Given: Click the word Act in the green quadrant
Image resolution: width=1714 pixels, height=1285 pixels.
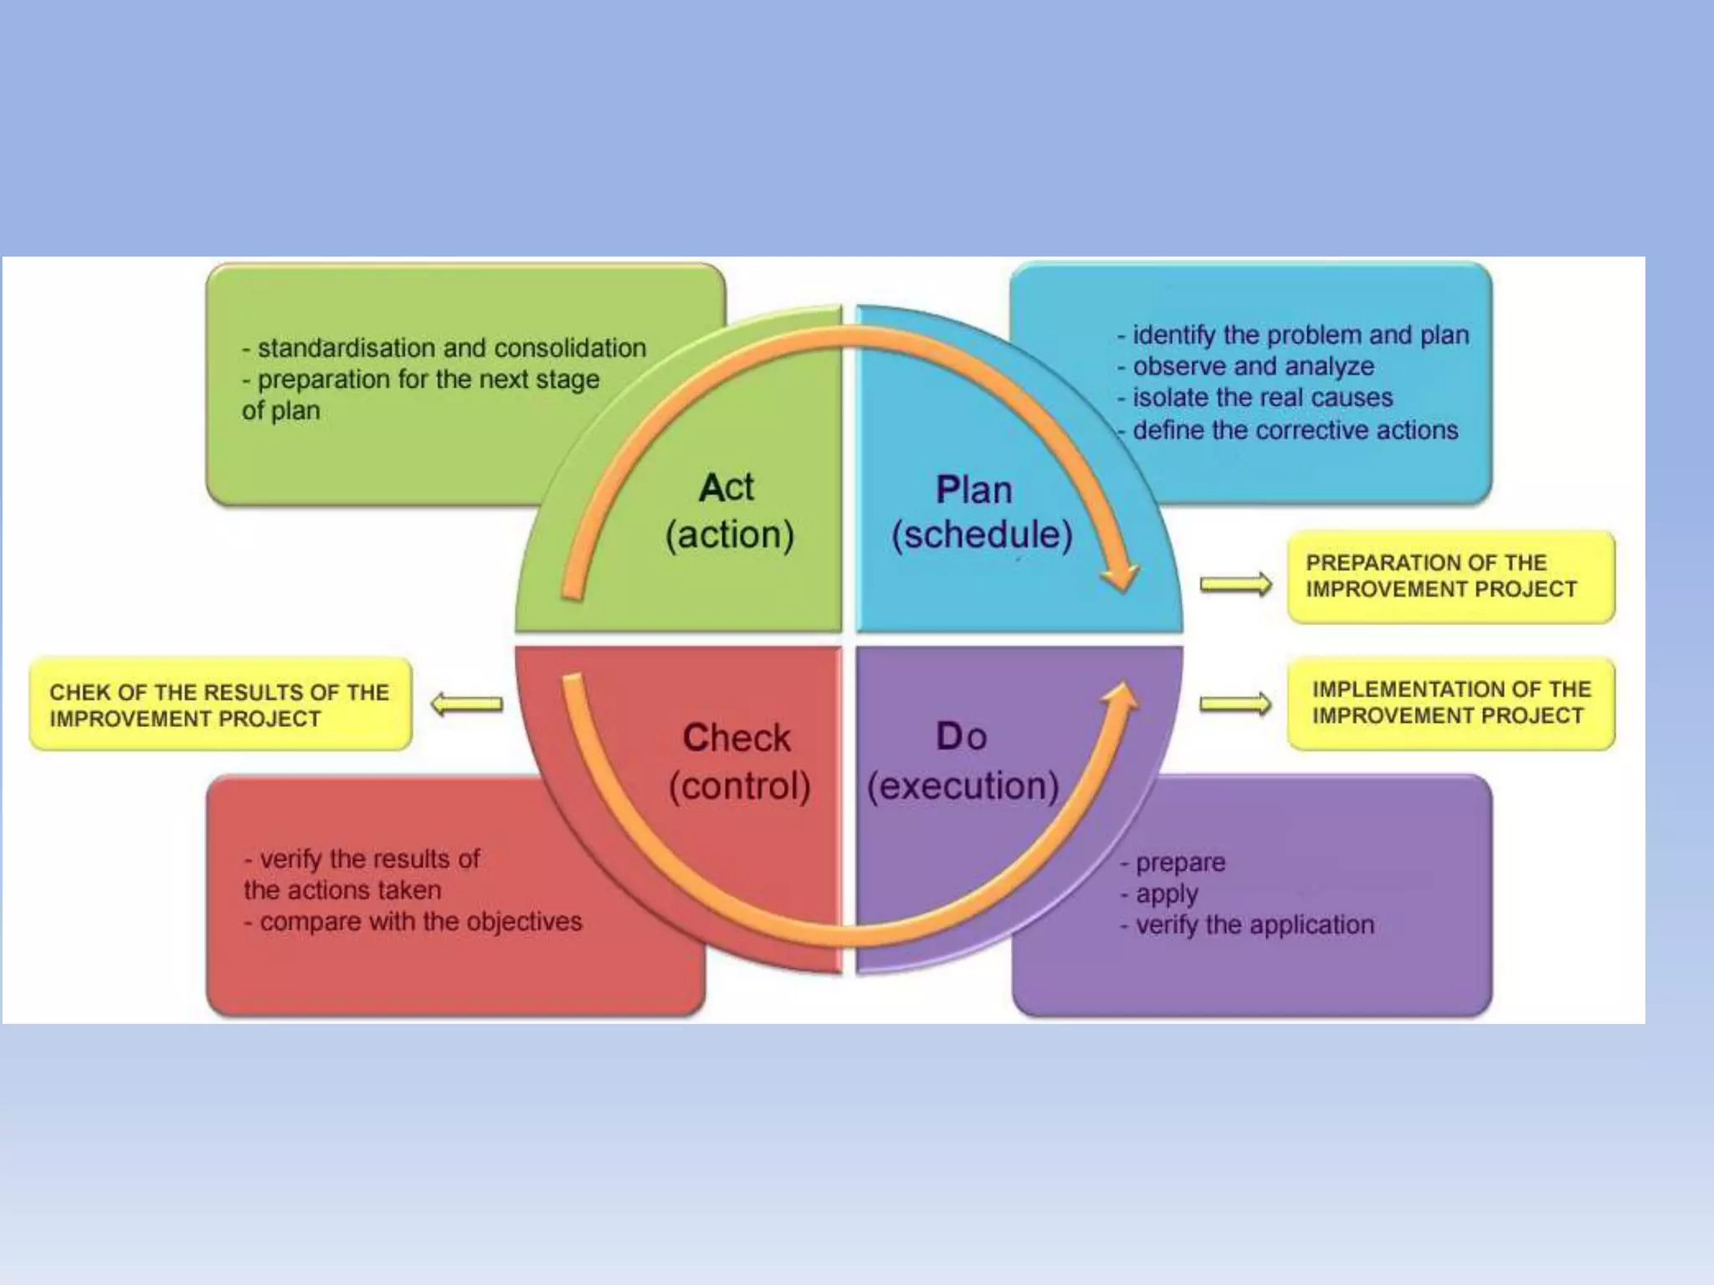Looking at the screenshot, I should coord(726,488).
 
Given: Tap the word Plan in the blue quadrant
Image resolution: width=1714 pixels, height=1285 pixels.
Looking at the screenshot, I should coord(973,490).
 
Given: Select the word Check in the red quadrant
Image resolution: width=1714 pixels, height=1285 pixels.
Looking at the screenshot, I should coord(736,738).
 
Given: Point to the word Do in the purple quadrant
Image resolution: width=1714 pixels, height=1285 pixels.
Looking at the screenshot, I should coord(961,736).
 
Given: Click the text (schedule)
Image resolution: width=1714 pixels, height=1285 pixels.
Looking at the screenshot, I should coord(982,535).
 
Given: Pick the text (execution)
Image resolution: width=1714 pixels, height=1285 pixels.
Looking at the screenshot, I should coord(962,786).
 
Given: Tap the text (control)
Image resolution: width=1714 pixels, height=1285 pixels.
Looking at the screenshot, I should coord(740,786).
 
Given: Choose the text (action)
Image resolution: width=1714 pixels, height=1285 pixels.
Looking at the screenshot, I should coord(729,535).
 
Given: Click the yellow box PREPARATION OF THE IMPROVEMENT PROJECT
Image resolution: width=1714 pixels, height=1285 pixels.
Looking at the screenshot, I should coord(1450,576).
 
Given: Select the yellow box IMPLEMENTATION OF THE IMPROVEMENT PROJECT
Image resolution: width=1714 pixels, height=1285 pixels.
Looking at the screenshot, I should coord(1450,703).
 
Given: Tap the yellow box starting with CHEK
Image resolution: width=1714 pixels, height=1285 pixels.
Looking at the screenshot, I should coord(220,704).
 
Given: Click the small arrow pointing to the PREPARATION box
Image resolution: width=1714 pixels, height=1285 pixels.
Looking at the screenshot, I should coord(1235,584).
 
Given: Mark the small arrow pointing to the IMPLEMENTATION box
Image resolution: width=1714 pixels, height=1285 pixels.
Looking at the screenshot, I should coord(1235,704).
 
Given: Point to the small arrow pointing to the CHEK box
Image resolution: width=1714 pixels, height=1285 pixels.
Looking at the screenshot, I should coord(467,704).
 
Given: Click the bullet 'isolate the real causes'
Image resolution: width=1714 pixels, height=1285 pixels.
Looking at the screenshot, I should coord(1262,398).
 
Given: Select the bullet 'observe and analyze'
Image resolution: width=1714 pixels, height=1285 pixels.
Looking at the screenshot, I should coord(1253,366).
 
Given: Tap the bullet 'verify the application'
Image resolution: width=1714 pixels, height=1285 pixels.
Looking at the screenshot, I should coord(1255,925).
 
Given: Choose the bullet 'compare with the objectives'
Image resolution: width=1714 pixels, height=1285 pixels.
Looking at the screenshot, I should coord(420,922).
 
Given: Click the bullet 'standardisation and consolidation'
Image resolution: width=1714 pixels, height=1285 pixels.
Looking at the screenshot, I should coord(451,348).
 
